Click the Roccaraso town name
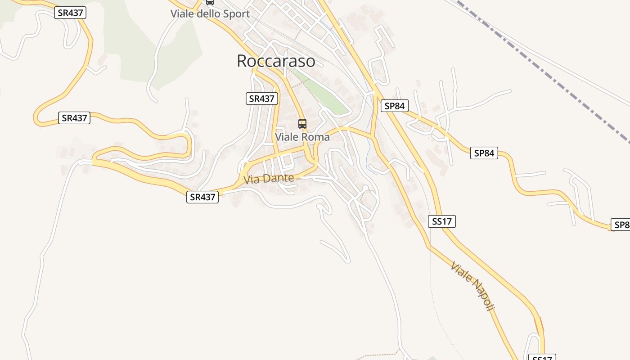276,61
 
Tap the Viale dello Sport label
210,14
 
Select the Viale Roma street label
302,137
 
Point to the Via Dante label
269,179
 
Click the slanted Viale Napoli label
472,286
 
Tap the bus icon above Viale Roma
302,123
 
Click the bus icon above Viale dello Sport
210,2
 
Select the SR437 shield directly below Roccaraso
262,99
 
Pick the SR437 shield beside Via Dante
202,197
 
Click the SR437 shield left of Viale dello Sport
70,13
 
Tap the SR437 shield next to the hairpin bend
74,118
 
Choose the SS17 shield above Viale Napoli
441,221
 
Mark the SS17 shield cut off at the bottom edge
542,358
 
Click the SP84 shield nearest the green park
394,106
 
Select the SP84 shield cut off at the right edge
620,225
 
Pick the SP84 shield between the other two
484,153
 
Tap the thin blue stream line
371,135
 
